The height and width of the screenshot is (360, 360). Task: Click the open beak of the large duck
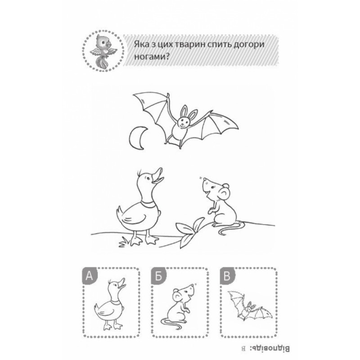[158, 175]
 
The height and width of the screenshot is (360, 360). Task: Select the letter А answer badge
[89, 275]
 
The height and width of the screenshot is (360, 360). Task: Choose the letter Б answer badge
[158, 275]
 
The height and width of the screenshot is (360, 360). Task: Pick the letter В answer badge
[227, 275]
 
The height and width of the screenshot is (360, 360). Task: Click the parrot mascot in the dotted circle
[103, 52]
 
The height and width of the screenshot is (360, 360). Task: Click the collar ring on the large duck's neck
[148, 204]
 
